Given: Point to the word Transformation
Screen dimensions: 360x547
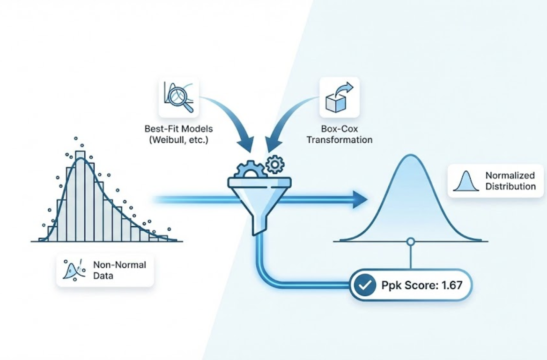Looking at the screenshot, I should pos(339,140).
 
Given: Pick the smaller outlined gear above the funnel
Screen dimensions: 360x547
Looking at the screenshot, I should pos(274,164).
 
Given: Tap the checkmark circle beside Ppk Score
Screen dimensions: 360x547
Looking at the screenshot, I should pos(364,285).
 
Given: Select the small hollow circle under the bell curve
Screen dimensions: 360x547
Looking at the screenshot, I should pos(411,242).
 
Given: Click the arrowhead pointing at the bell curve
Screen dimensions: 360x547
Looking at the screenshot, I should pos(361,199).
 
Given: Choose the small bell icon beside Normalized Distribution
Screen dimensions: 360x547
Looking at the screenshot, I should pos(466,181).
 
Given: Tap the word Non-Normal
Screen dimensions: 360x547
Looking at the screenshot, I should pos(119,265).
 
